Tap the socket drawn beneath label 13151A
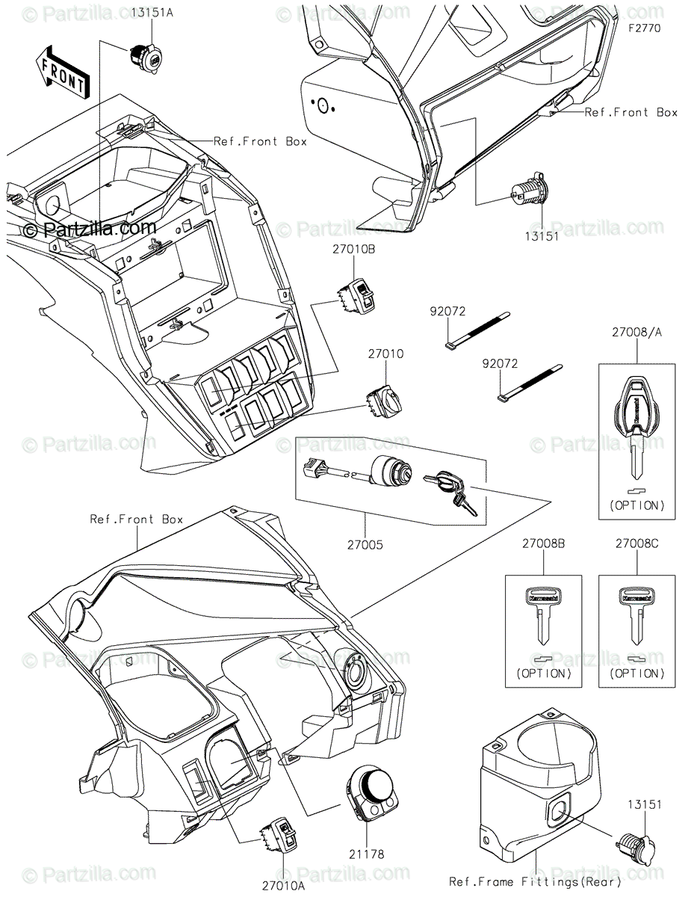coord(143,57)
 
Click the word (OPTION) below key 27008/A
coord(636,505)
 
